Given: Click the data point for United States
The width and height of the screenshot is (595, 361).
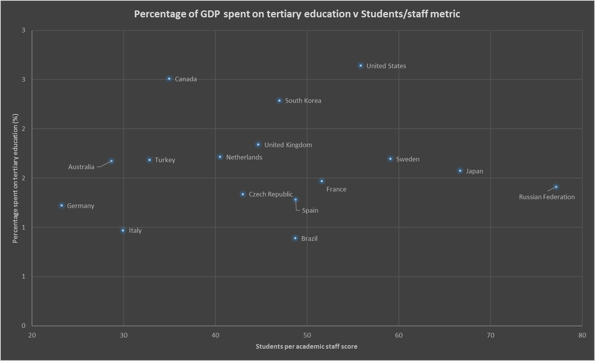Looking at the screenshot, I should [x=361, y=66].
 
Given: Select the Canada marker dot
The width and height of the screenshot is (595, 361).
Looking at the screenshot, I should [x=169, y=79].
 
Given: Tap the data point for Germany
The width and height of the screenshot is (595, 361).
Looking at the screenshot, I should [x=62, y=206].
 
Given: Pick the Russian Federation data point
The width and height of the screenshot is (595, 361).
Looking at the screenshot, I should [x=556, y=187].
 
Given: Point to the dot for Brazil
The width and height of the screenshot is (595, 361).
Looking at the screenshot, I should [x=295, y=238].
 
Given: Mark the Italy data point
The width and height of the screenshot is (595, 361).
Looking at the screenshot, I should [x=123, y=231].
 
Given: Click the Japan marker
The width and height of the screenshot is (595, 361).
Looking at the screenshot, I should [x=460, y=171].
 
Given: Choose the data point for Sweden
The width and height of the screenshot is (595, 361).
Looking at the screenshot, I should [x=390, y=159].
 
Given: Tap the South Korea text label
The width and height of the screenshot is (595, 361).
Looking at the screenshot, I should [x=303, y=101].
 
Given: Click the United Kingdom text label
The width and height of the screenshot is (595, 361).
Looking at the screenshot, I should [x=288, y=145].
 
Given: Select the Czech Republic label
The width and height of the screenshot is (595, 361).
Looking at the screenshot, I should [x=271, y=195].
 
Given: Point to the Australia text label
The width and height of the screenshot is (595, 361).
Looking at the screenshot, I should [x=81, y=167].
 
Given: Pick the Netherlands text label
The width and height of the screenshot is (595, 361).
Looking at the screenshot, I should [x=244, y=158].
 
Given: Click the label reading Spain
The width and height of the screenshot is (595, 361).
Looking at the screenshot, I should [x=310, y=211].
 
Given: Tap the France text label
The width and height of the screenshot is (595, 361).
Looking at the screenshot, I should [x=336, y=190].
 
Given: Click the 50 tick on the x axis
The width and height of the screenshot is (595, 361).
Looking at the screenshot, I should [x=307, y=336].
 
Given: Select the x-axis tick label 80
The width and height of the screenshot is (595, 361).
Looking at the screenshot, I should [x=582, y=336].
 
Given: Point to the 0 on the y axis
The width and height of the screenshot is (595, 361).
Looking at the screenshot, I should [x=24, y=326].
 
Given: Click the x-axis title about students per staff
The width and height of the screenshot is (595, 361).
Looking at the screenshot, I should [x=306, y=347].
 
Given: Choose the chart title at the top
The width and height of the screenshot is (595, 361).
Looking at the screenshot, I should [x=297, y=14].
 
